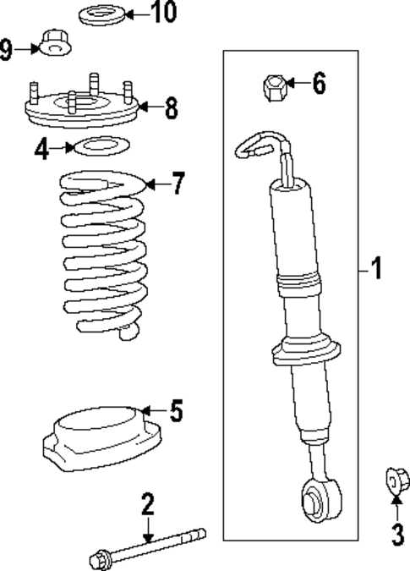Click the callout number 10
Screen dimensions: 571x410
[164, 14]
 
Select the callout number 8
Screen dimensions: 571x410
[171, 107]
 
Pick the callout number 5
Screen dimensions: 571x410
[176, 411]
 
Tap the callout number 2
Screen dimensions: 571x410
[148, 506]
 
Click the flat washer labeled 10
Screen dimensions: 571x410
[103, 14]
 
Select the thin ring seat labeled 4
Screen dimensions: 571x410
[101, 147]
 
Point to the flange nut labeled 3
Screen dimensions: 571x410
[395, 480]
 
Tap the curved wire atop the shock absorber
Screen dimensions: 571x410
[258, 144]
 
